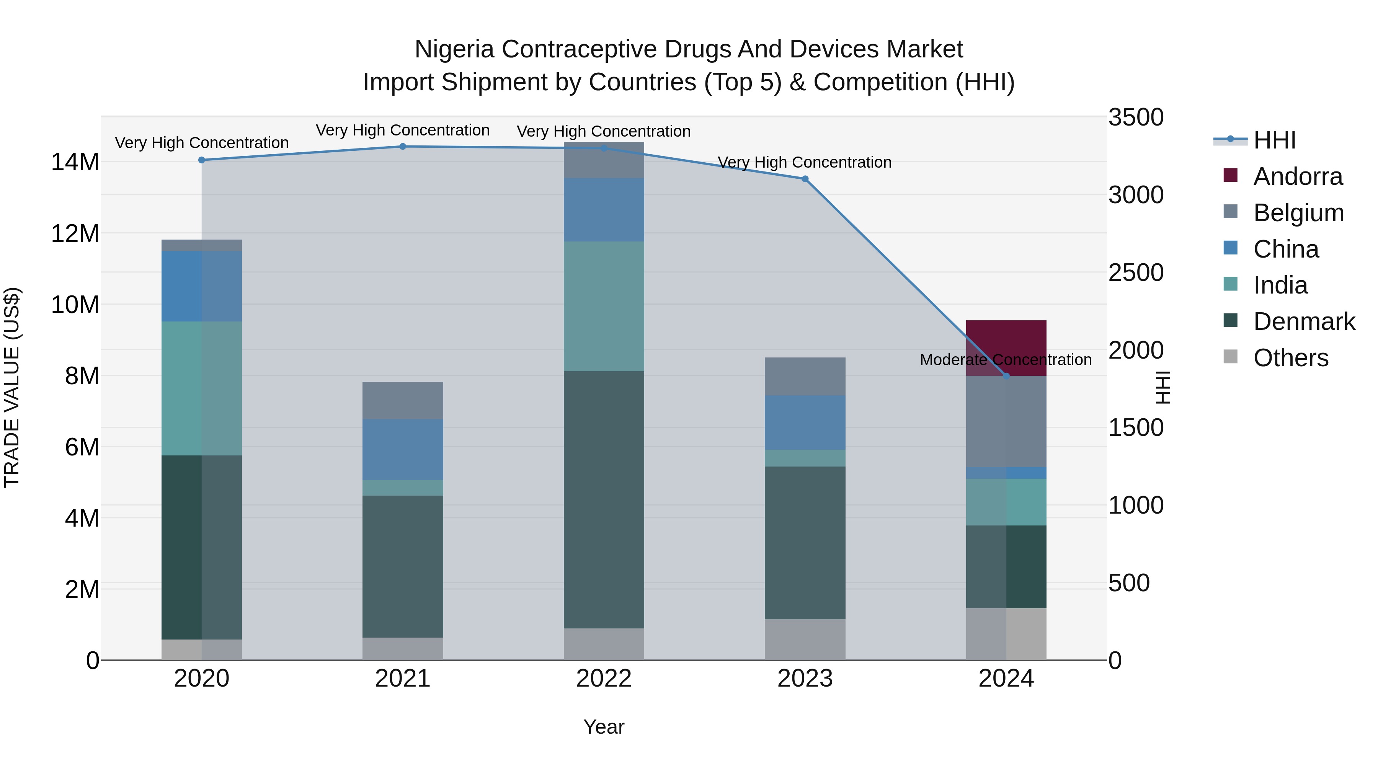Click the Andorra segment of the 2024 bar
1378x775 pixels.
pyautogui.click(x=1006, y=342)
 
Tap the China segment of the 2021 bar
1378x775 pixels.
pyautogui.click(x=402, y=449)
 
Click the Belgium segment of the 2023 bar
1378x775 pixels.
pyautogui.click(x=805, y=376)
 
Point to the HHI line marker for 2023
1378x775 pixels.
pyautogui.click(x=805, y=179)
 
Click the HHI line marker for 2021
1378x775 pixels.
pyautogui.click(x=403, y=147)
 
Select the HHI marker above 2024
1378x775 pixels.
pyautogui.click(x=1006, y=376)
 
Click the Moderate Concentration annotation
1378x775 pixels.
pyautogui.click(x=1005, y=360)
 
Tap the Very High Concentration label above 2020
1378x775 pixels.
pyautogui.click(x=202, y=143)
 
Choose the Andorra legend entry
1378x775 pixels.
pyautogui.click(x=1297, y=176)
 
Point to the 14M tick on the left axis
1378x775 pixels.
pyautogui.click(x=75, y=162)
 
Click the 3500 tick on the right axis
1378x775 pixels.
pyautogui.click(x=1135, y=117)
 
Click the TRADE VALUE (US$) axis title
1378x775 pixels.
pyautogui.click(x=12, y=387)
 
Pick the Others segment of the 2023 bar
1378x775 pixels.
pyautogui.click(x=805, y=639)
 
